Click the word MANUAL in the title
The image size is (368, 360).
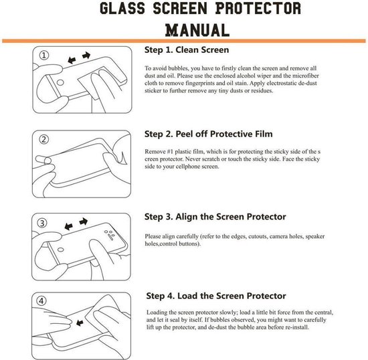tap(183, 29)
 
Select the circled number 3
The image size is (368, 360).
tap(42, 223)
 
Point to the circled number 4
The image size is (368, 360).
tap(42, 301)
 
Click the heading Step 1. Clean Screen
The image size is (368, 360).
tap(187, 50)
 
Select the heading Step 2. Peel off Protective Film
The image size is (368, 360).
tap(209, 134)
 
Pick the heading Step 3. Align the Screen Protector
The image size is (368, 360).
tap(215, 217)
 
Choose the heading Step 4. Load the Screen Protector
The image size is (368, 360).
tap(215, 296)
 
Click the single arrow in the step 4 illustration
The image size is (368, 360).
tap(84, 323)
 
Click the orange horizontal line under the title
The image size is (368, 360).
tap(184, 41)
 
